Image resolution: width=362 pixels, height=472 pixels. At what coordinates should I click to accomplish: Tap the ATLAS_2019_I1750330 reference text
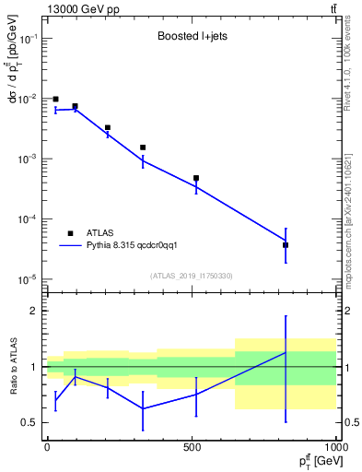[192, 276]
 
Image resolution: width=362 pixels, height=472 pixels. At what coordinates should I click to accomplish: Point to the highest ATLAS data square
[55, 100]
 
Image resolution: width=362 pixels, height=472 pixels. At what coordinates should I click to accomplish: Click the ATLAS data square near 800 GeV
[286, 245]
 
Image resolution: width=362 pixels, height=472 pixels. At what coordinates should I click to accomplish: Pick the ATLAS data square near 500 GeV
[196, 178]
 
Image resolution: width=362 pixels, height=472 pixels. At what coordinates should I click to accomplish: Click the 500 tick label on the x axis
[192, 446]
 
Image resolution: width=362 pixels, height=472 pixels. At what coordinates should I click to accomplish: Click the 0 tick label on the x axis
[47, 446]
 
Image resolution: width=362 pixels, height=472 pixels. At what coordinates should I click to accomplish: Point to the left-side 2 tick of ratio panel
[35, 311]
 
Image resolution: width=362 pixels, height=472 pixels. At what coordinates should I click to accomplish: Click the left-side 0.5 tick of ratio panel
[31, 423]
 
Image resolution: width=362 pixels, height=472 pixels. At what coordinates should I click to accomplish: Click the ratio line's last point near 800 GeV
[286, 352]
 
